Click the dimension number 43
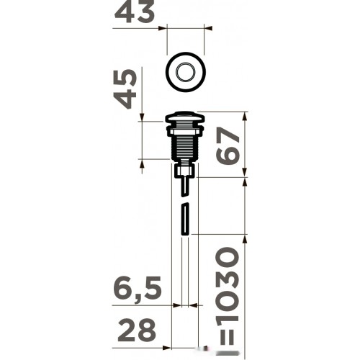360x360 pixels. coord(135,12)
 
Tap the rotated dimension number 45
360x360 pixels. coord(125,89)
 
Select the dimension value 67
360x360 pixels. coord(228,146)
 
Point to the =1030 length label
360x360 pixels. coord(227,296)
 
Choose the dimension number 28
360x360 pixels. coord(137,330)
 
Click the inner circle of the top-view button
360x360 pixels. coord(186,72)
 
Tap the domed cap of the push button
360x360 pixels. coord(185,117)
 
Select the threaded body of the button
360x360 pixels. coord(185,147)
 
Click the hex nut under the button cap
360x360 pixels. coord(185,132)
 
